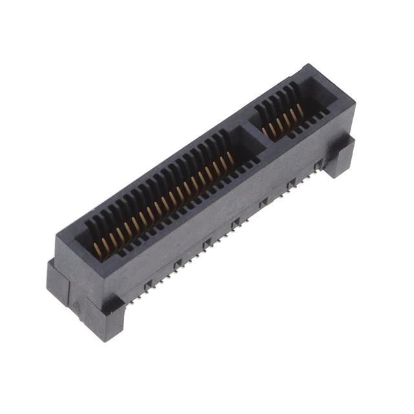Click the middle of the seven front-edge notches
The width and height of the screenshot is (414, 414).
(235, 223)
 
